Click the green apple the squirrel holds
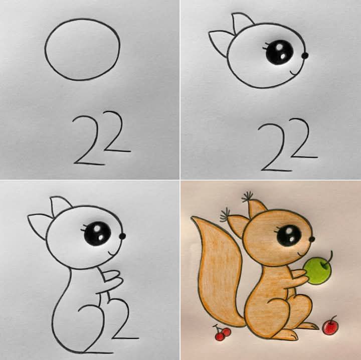pyautogui.click(x=317, y=271)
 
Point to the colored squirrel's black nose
pyautogui.click(x=312, y=239)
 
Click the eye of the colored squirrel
pyautogui.click(x=289, y=236)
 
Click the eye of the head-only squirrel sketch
pyautogui.click(x=279, y=52)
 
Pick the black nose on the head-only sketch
pyautogui.click(x=305, y=56)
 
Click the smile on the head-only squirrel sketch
pyautogui.click(x=294, y=73)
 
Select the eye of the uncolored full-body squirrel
pyautogui.click(x=97, y=233)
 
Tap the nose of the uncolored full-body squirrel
pyautogui.click(x=122, y=236)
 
